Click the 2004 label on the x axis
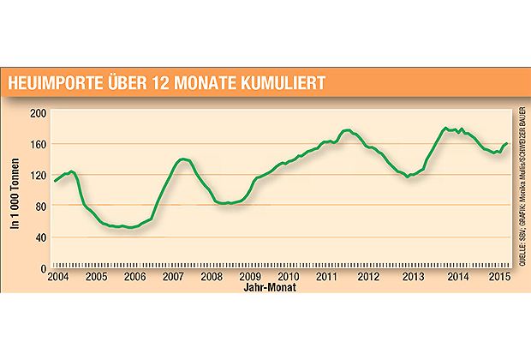pos(58,278)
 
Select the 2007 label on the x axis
pos(174,278)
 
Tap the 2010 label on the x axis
pos(289,278)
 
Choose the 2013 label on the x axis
pos(413,278)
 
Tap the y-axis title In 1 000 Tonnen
pos(15,190)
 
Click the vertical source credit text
pos(522,182)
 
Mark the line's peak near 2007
pos(182,159)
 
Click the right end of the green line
pos(507,143)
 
